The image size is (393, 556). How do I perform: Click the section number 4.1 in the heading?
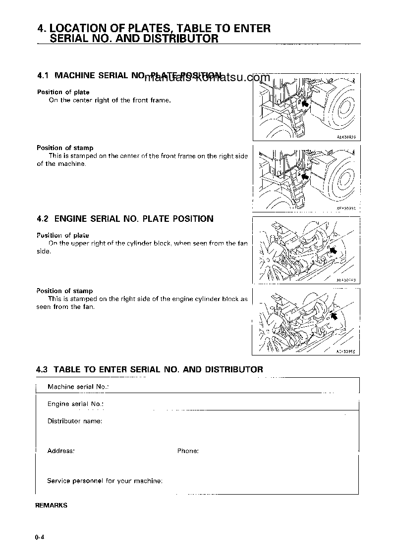click(x=43, y=76)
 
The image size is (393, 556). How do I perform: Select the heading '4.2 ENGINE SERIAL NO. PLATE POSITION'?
click(x=125, y=219)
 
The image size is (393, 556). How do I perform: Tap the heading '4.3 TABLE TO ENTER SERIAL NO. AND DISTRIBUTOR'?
click(x=149, y=369)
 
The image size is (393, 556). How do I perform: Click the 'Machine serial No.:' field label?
click(x=78, y=387)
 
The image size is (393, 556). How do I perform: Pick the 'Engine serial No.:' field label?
click(x=75, y=404)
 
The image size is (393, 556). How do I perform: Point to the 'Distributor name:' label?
click(x=74, y=421)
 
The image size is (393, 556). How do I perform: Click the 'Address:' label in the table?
click(x=61, y=451)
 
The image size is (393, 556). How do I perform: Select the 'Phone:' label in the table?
click(x=188, y=451)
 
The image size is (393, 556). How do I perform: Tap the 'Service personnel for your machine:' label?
click(x=105, y=481)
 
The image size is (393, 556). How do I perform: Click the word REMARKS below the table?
click(x=51, y=505)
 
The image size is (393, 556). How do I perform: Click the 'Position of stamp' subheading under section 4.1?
click(x=65, y=148)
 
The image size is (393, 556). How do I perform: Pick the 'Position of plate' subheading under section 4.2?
click(x=63, y=236)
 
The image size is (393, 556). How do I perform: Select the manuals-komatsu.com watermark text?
click(x=208, y=77)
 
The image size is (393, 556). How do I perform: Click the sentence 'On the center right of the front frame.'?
click(x=110, y=100)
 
